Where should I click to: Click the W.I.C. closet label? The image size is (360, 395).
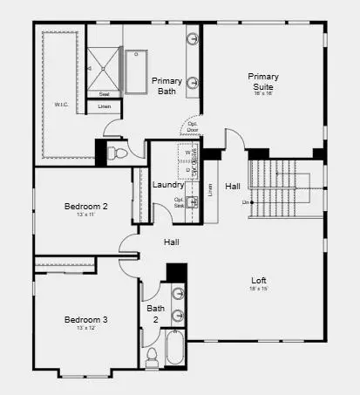pos(60,106)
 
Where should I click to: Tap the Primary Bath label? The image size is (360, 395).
pos(166,86)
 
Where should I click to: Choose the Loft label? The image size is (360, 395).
pos(258,281)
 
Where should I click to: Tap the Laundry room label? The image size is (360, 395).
pos(167,185)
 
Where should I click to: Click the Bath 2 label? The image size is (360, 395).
pos(155,313)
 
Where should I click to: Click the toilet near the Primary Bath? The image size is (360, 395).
pos(120,153)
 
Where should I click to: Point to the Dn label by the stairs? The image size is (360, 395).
pos(222,202)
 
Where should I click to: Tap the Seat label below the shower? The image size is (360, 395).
pos(104,93)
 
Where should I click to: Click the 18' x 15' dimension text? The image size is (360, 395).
pos(258,289)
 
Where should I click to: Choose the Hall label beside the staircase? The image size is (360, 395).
pos(233,186)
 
